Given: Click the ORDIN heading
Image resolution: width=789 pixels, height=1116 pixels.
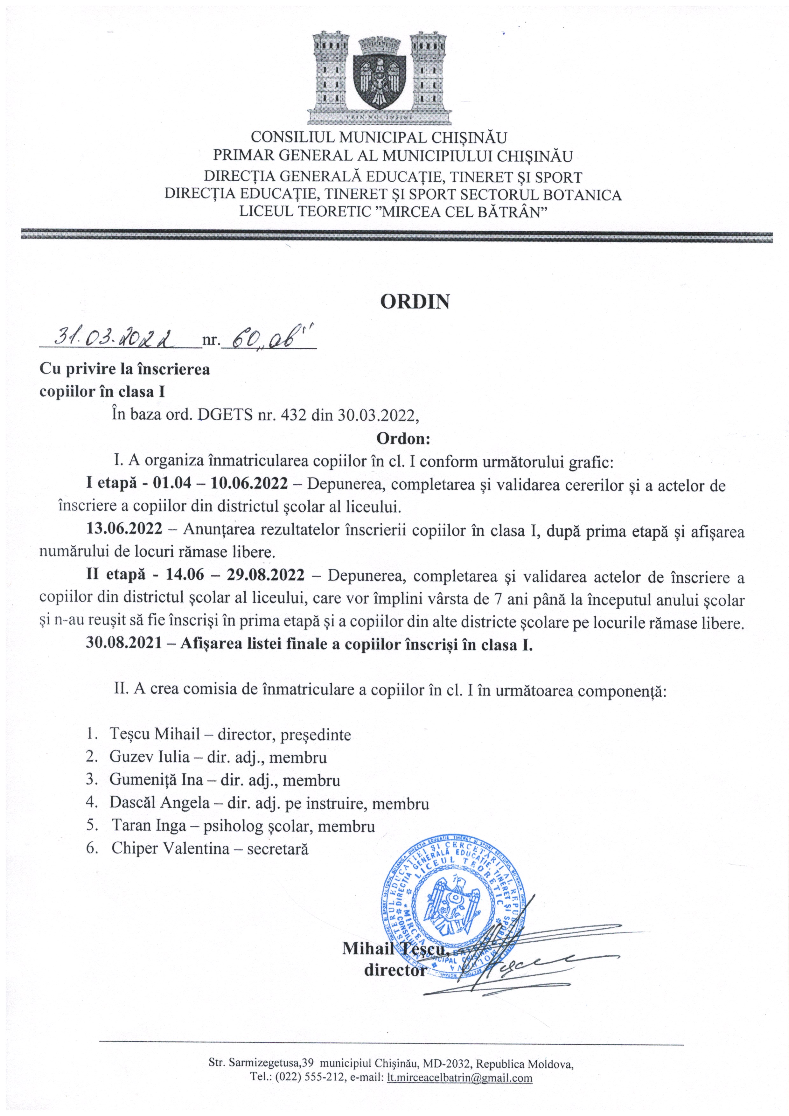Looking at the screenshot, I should (415, 302).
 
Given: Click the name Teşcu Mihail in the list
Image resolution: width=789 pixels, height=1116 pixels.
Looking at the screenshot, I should (155, 734).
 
